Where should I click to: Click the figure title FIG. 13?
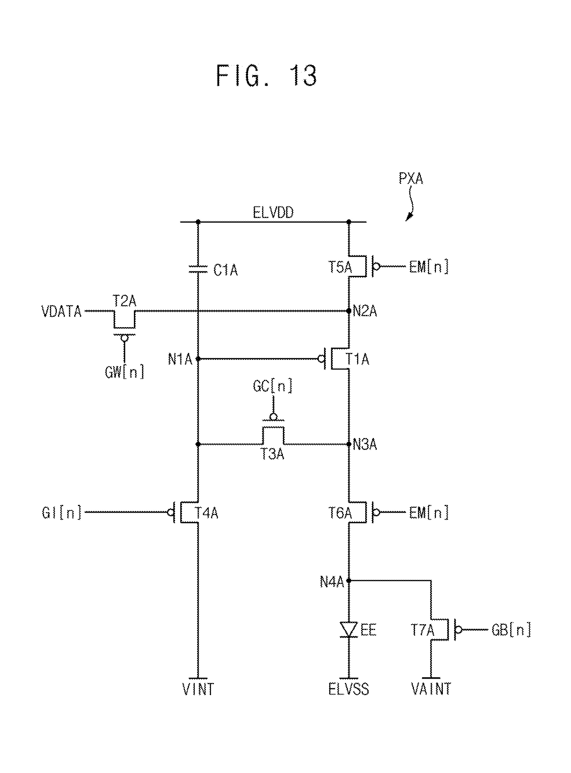click(x=266, y=76)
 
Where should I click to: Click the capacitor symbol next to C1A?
click(x=198, y=269)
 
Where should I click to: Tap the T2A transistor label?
click(x=124, y=301)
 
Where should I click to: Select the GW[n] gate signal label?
click(x=124, y=372)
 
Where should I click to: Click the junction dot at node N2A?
click(x=349, y=311)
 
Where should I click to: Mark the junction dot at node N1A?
click(x=198, y=359)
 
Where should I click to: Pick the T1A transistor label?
click(x=357, y=359)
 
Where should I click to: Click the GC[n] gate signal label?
click(x=273, y=386)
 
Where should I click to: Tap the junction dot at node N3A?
click(x=349, y=444)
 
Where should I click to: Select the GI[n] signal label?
click(x=62, y=513)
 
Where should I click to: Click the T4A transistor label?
click(x=206, y=513)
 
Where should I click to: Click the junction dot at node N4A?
click(x=349, y=581)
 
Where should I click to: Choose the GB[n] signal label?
click(x=511, y=630)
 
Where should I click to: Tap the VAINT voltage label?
click(x=431, y=689)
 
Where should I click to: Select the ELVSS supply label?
click(x=348, y=689)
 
